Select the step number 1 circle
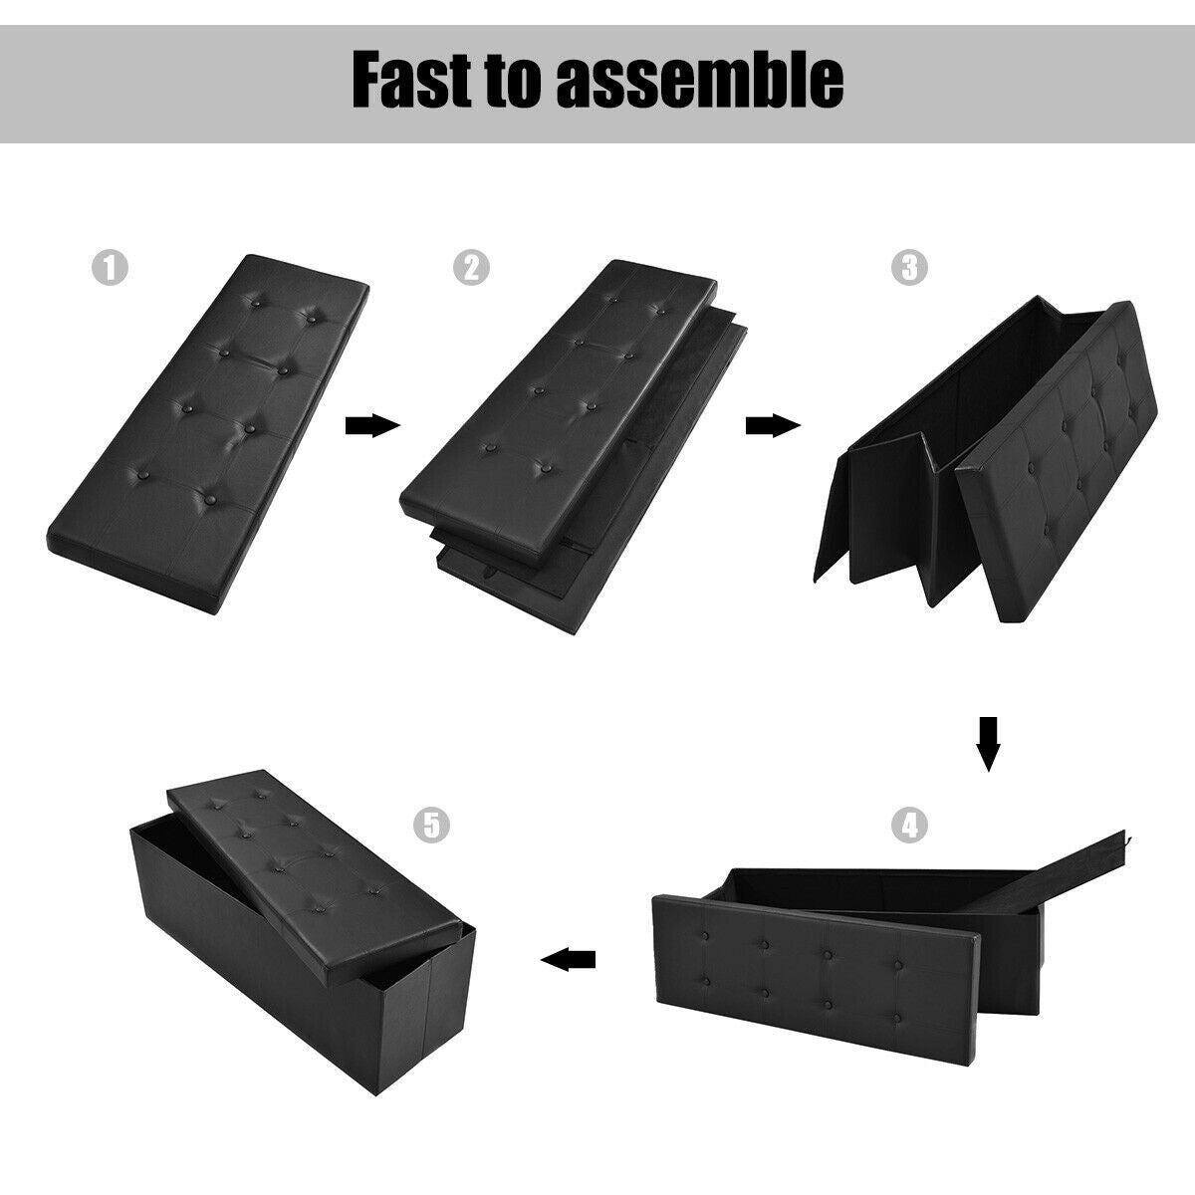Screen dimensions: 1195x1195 click(x=110, y=268)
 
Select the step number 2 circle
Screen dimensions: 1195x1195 click(x=471, y=268)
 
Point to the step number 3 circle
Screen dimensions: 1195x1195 click(x=909, y=268)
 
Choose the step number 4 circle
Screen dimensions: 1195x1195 click(x=909, y=826)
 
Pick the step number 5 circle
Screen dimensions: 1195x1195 click(x=431, y=826)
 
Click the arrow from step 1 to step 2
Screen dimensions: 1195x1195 click(x=372, y=426)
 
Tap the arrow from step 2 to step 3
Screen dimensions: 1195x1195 click(x=773, y=426)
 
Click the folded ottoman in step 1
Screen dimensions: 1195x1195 click(x=208, y=434)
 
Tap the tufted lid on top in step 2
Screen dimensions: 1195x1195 click(x=558, y=412)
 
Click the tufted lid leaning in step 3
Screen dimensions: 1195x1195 click(x=1057, y=462)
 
